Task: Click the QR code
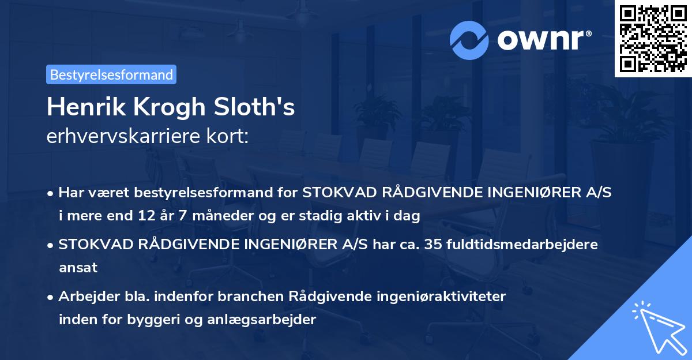pos(653,39)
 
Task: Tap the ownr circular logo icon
pos(469,40)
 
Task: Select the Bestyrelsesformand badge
pos(111,74)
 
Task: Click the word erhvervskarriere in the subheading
pos(117,137)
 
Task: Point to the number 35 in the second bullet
pos(432,245)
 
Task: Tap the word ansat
pos(78,268)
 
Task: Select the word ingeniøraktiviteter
pos(443,297)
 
